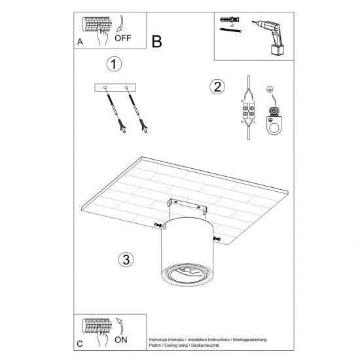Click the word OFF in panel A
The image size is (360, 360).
122,38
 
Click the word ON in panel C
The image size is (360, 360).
122,340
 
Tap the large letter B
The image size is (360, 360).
156,42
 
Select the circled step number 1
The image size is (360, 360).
115,64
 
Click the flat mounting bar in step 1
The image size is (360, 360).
116,88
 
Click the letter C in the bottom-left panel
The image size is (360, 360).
79,344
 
